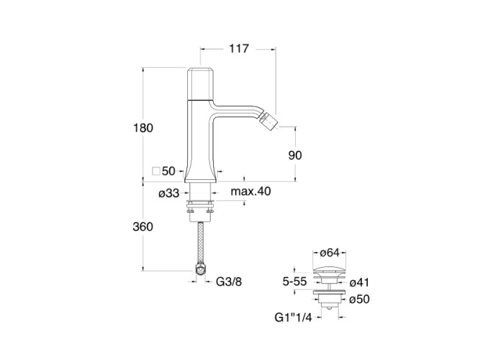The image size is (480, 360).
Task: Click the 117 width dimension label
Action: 239,48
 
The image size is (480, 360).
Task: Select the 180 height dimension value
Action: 143,127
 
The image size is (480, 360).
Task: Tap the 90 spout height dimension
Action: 295,156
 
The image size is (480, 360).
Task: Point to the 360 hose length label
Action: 143,227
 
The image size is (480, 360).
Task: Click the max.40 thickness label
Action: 250,192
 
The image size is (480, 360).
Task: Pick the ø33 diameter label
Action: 168,194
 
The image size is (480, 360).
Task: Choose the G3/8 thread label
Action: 229,282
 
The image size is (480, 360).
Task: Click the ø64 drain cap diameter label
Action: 330,253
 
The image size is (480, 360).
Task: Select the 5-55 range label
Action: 294,282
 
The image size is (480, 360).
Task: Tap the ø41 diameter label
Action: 359,282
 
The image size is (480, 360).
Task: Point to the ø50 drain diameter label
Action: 359,299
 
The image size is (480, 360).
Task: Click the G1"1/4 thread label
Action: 294,318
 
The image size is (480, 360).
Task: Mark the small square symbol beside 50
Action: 156,171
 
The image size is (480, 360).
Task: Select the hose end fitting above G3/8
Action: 201,269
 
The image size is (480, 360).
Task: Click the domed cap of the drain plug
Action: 330,271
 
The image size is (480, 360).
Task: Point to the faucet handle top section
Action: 201,84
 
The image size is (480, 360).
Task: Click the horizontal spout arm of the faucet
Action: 236,111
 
